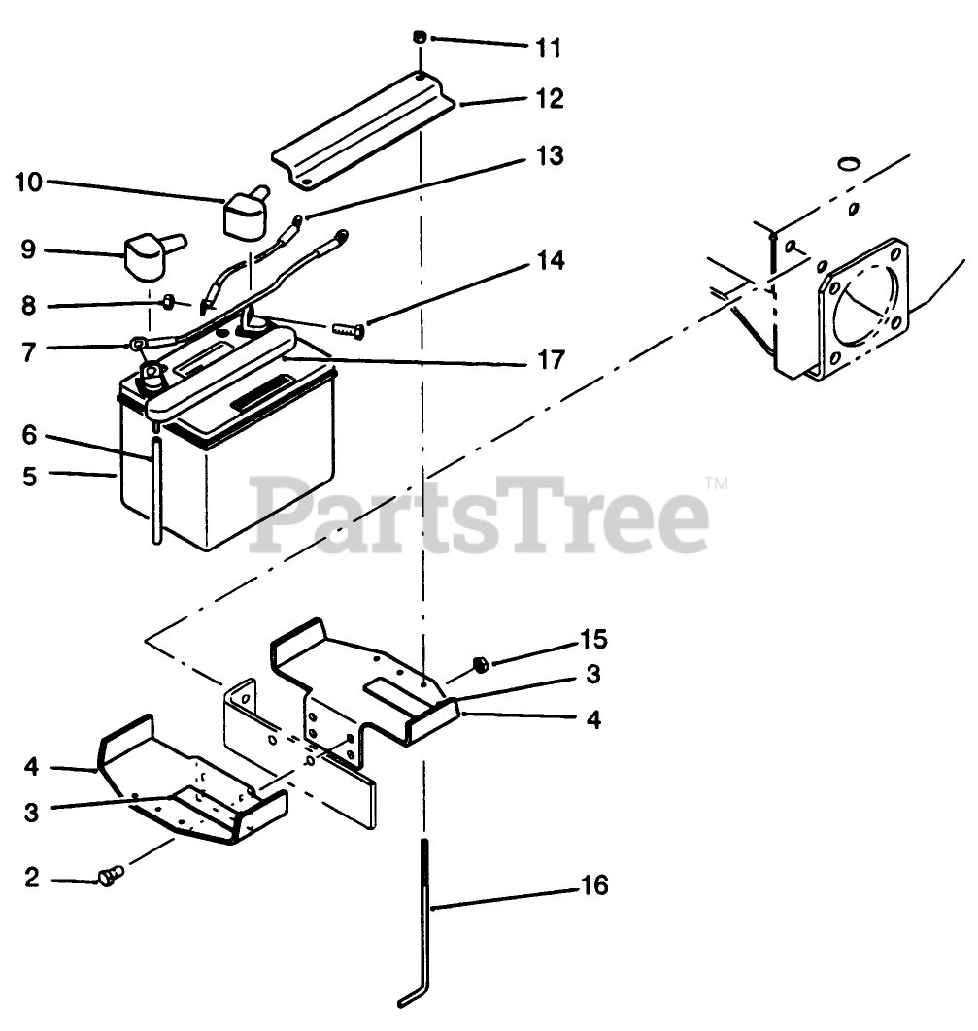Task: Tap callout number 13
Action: [551, 156]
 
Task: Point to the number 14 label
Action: [551, 262]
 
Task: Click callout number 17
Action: [551, 360]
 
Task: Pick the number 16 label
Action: [594, 885]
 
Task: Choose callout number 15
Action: [592, 639]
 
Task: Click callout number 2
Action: [31, 879]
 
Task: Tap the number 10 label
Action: [30, 183]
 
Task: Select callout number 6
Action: [29, 435]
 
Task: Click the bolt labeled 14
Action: [349, 331]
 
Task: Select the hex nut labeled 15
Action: [479, 664]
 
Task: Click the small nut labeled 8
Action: [168, 302]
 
